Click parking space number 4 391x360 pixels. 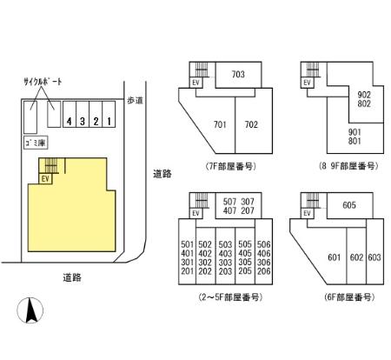click(x=69, y=122)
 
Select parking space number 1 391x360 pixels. click(x=107, y=122)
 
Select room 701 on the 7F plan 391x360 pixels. click(x=219, y=124)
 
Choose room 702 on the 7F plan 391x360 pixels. click(x=250, y=124)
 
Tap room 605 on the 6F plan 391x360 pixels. click(x=348, y=205)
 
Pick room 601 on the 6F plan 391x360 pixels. click(x=333, y=257)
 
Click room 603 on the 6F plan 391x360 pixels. click(x=374, y=257)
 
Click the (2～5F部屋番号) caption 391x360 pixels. click(x=229, y=297)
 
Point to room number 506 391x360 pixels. click(x=264, y=244)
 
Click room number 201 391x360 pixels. click(x=187, y=271)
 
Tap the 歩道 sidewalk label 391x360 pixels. click(x=134, y=100)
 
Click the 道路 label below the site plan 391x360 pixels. click(x=72, y=277)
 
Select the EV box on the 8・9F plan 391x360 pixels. click(x=306, y=83)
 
